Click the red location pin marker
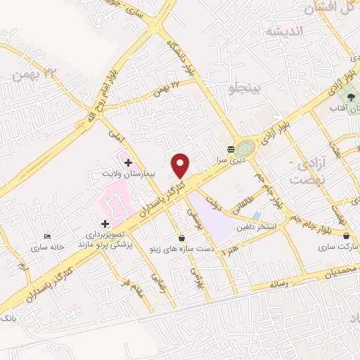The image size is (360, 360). pos(181,165)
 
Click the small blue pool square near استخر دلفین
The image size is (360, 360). pos(256,215)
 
